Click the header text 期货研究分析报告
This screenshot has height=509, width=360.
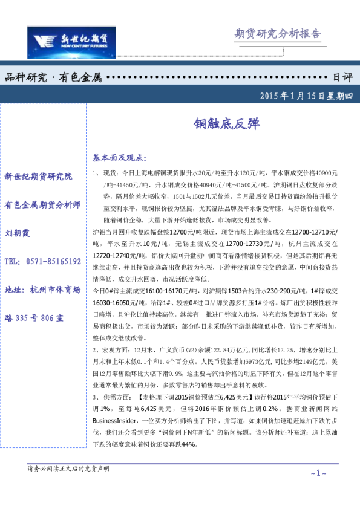(x=277, y=33)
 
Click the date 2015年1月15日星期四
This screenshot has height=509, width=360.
(x=301, y=96)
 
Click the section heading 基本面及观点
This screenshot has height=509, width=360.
(x=119, y=158)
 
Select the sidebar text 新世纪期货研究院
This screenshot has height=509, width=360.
(x=38, y=177)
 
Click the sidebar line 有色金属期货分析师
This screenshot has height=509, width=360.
(x=42, y=204)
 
